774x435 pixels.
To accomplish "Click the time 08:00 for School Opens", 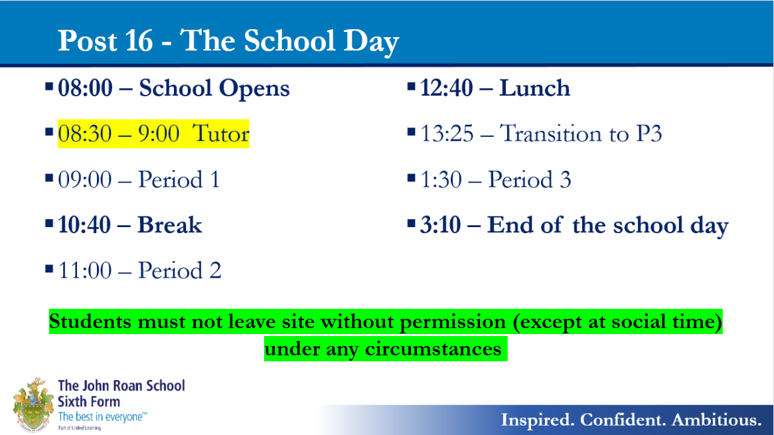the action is (x=86, y=88).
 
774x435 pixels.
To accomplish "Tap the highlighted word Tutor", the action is (x=220, y=133).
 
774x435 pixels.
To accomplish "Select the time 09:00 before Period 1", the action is (x=85, y=180).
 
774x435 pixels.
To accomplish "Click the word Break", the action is (x=170, y=225).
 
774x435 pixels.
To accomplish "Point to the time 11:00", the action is (x=85, y=270).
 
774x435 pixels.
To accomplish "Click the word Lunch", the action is (x=534, y=88).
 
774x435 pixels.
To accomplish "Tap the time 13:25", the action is (x=447, y=133).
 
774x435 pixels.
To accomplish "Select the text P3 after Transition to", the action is (x=649, y=133).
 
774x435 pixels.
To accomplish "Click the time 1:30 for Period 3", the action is (x=441, y=180).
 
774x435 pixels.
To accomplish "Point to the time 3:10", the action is (x=440, y=225).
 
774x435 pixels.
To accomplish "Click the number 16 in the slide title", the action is (x=139, y=41).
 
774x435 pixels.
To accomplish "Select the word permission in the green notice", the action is (x=453, y=322).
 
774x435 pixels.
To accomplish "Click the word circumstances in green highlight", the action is (x=433, y=349).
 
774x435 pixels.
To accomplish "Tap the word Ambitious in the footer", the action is (x=716, y=420).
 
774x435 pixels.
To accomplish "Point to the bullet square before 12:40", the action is (x=411, y=87).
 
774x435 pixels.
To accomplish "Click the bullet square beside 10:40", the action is (x=49, y=224).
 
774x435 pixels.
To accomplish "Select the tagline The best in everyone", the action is (x=102, y=416).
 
